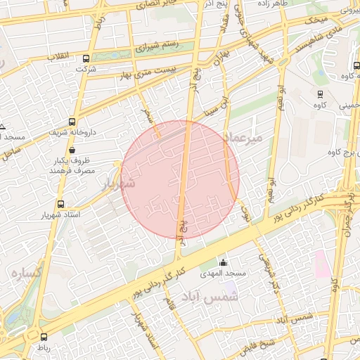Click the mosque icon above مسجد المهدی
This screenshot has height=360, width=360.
(223, 262)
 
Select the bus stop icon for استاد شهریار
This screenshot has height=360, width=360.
(59, 204)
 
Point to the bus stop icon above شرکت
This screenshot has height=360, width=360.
(86, 59)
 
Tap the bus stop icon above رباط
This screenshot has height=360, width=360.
(44, 337)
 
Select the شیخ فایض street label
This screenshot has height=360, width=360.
(259, 344)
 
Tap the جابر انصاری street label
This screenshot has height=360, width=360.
(172, 6)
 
